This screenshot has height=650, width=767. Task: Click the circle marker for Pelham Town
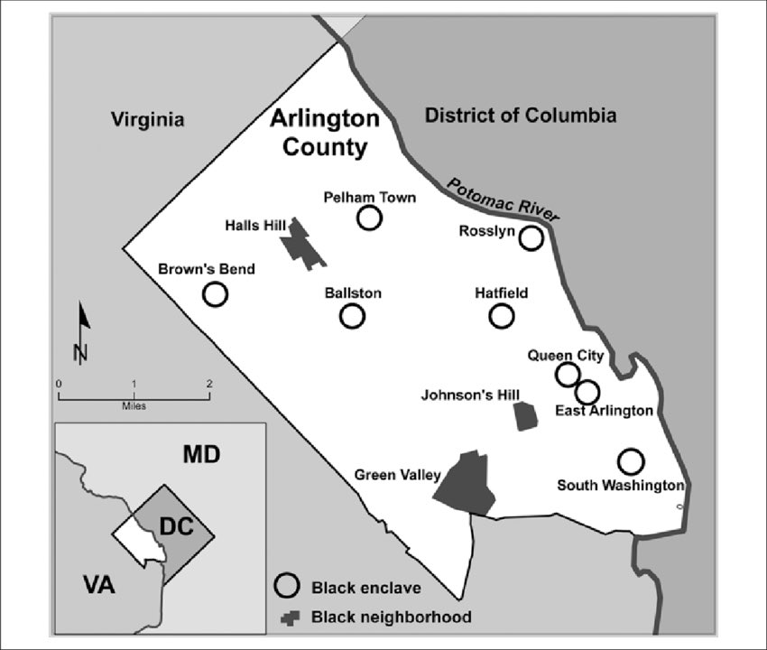[x=369, y=218]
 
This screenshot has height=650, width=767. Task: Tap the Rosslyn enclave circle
[x=531, y=238]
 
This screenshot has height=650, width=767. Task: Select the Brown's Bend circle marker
[x=215, y=294]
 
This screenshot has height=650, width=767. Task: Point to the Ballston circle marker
[x=352, y=316]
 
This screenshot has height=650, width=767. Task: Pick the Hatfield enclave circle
[x=502, y=316]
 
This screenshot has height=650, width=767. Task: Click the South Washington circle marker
[x=632, y=461]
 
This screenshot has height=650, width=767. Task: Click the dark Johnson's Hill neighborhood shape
[x=525, y=416]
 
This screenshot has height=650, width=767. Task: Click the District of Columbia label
[x=521, y=116]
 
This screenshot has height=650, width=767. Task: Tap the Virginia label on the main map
[x=147, y=119]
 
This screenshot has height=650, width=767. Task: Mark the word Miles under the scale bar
[x=134, y=405]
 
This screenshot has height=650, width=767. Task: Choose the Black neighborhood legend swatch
[x=289, y=617]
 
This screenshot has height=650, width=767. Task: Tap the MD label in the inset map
[x=201, y=453]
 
